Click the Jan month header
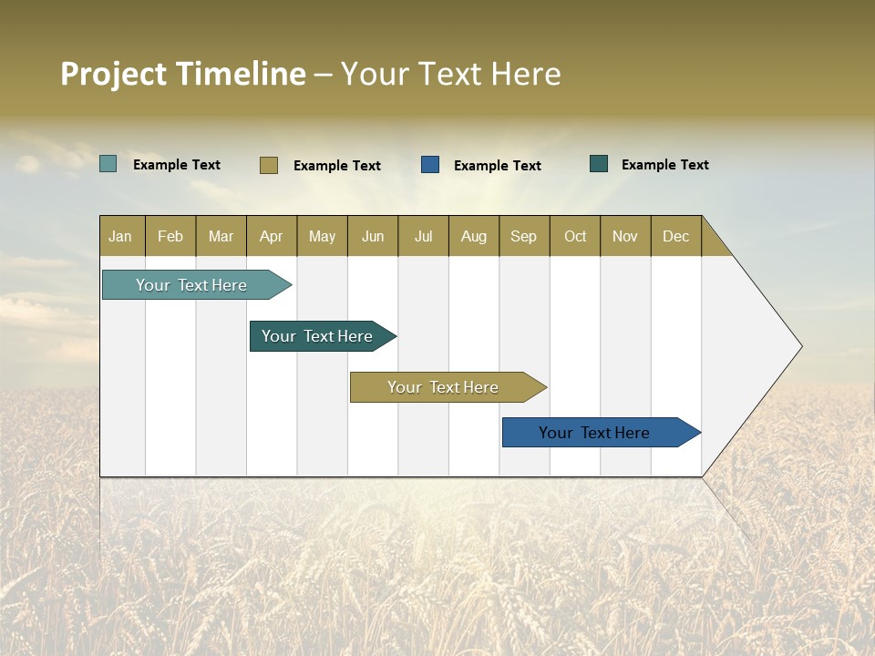(121, 236)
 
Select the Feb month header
(170, 236)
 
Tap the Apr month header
(272, 236)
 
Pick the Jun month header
(373, 236)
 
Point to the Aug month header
(474, 236)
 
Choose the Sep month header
(524, 236)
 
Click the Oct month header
(575, 236)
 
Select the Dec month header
(676, 236)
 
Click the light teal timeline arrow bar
(192, 285)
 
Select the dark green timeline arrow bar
(318, 336)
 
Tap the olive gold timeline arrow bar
(444, 387)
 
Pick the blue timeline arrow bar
(595, 433)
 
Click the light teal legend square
(108, 164)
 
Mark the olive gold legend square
(268, 165)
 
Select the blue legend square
(430, 164)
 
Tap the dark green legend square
(599, 164)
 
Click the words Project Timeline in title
(183, 74)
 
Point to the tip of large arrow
(800, 346)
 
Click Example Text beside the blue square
(498, 165)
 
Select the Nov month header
(625, 236)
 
